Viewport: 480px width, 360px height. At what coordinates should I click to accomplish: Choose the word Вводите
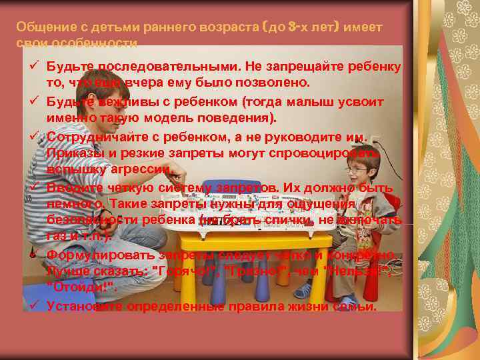point(70,187)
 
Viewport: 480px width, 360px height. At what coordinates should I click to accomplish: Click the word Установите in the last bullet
point(82,307)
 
